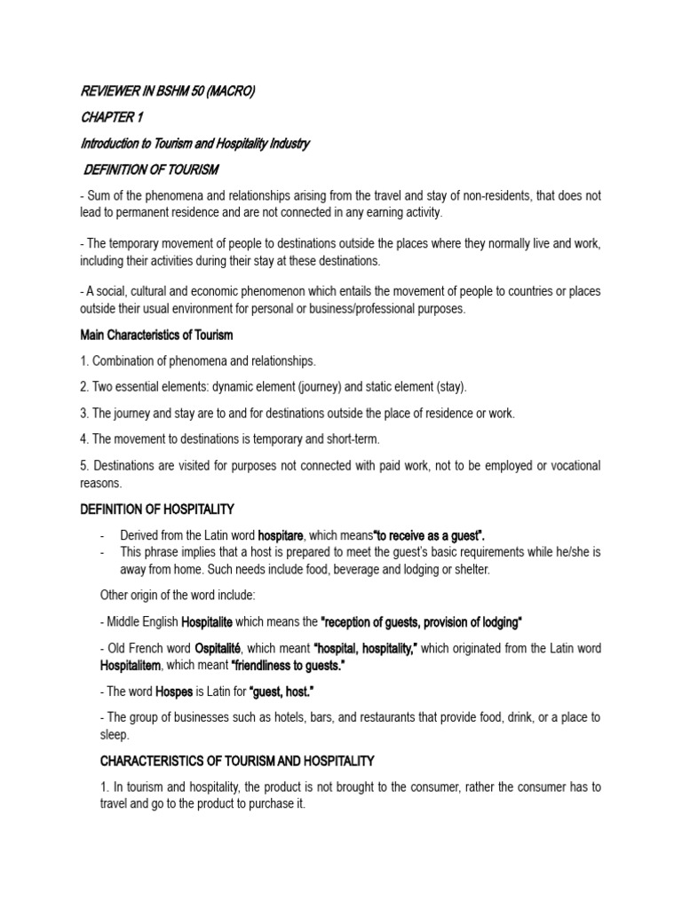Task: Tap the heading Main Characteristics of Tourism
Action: pyautogui.click(x=156, y=336)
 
